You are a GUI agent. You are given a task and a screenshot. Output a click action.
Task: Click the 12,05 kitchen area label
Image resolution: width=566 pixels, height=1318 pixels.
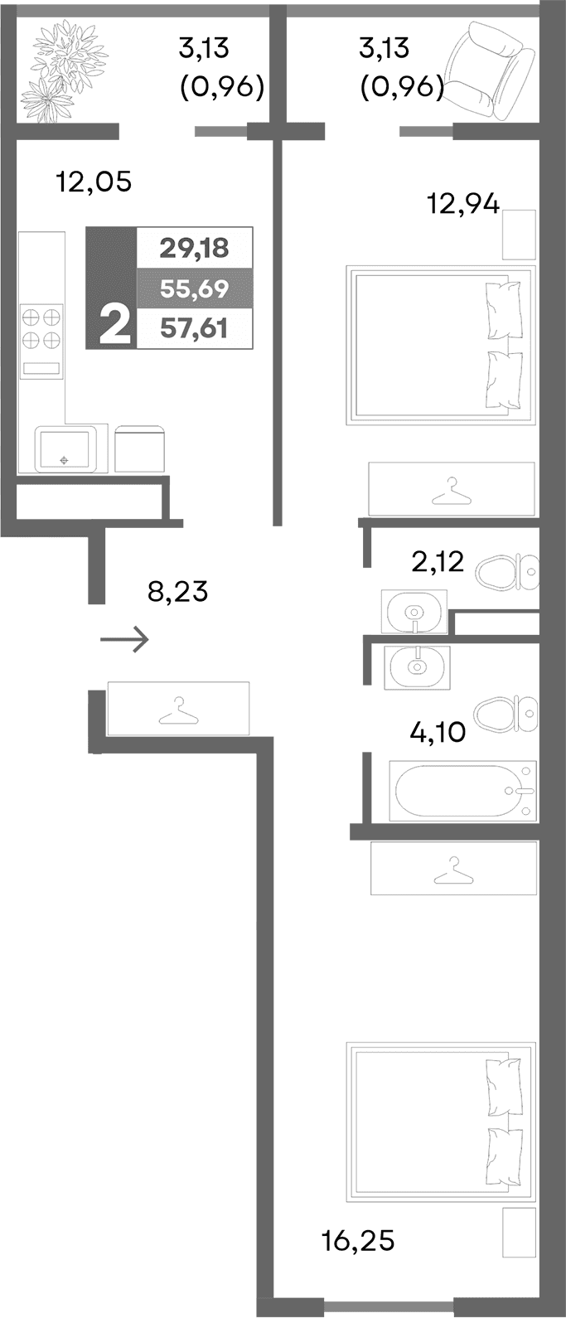[x=94, y=181]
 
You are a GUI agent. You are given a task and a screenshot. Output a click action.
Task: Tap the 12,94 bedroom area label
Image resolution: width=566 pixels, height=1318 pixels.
[x=463, y=202]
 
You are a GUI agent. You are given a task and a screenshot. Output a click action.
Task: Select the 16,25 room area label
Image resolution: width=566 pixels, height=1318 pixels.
[x=358, y=1240]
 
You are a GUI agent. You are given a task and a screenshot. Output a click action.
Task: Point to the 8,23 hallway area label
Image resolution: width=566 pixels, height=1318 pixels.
[x=177, y=592]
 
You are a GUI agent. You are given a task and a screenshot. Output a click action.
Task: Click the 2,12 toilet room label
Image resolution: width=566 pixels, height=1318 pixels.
[x=438, y=564]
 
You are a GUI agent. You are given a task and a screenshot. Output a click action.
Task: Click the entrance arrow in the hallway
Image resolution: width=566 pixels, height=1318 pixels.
[x=124, y=640]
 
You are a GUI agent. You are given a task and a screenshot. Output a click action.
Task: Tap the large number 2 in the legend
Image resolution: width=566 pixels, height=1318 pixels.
[x=114, y=324]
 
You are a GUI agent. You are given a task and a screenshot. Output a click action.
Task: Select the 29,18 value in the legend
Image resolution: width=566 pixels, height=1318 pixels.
[x=194, y=247]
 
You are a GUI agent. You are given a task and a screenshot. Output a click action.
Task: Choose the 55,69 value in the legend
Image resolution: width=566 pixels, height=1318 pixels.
[x=194, y=288]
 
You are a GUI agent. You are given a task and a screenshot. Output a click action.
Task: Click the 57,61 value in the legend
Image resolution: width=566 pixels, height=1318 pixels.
[x=194, y=330]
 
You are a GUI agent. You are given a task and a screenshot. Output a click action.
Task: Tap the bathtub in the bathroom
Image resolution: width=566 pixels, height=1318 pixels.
[x=462, y=791]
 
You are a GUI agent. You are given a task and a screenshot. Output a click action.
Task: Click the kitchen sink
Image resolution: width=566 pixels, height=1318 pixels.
[x=64, y=449]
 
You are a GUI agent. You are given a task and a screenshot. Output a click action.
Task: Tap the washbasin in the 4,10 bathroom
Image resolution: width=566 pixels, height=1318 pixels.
[x=417, y=666]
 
